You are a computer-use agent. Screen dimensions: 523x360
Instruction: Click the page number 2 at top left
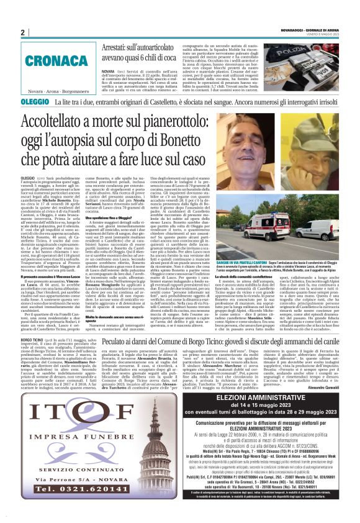[x=22, y=32]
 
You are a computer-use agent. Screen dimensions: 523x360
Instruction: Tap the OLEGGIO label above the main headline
[x=35, y=100]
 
